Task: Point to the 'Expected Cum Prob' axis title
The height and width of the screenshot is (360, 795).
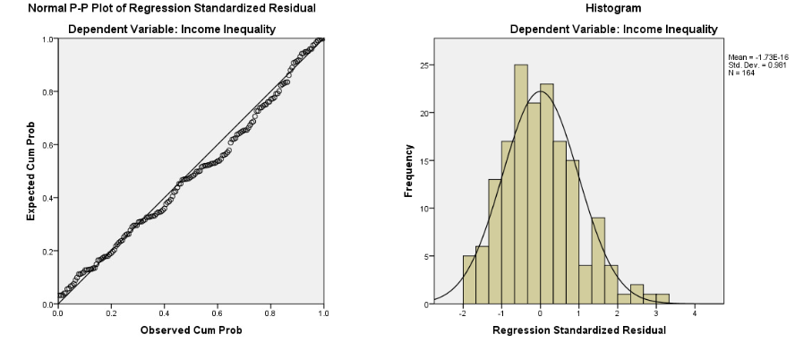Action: coord(30,172)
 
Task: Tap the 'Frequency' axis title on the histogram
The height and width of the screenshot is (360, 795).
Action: coord(409,172)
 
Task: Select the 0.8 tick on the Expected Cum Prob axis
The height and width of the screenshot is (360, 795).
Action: coord(45,92)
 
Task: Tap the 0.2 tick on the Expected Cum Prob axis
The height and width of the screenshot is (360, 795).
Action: coord(45,252)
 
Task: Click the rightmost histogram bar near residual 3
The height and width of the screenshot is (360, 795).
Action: coord(663,299)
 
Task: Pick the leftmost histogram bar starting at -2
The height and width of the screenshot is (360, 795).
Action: coord(469,280)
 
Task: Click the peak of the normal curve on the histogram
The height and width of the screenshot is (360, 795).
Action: coord(540,91)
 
